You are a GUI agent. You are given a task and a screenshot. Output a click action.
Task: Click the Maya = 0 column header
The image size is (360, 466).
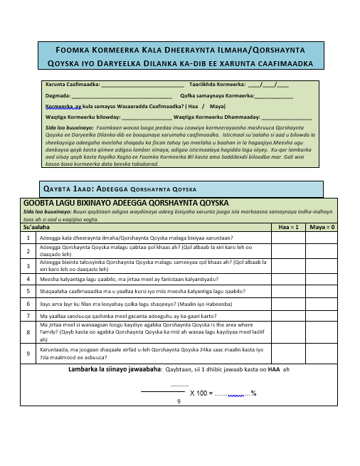click(x=323, y=227)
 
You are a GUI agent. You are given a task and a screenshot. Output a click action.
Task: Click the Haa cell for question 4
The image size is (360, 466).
click(x=287, y=280)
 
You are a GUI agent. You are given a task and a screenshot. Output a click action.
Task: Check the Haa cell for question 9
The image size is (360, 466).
click(x=287, y=353)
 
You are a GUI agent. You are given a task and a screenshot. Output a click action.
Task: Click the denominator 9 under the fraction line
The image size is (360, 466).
click(x=178, y=401)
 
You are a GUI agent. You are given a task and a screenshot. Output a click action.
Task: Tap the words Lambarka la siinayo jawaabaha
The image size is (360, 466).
click(x=115, y=371)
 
